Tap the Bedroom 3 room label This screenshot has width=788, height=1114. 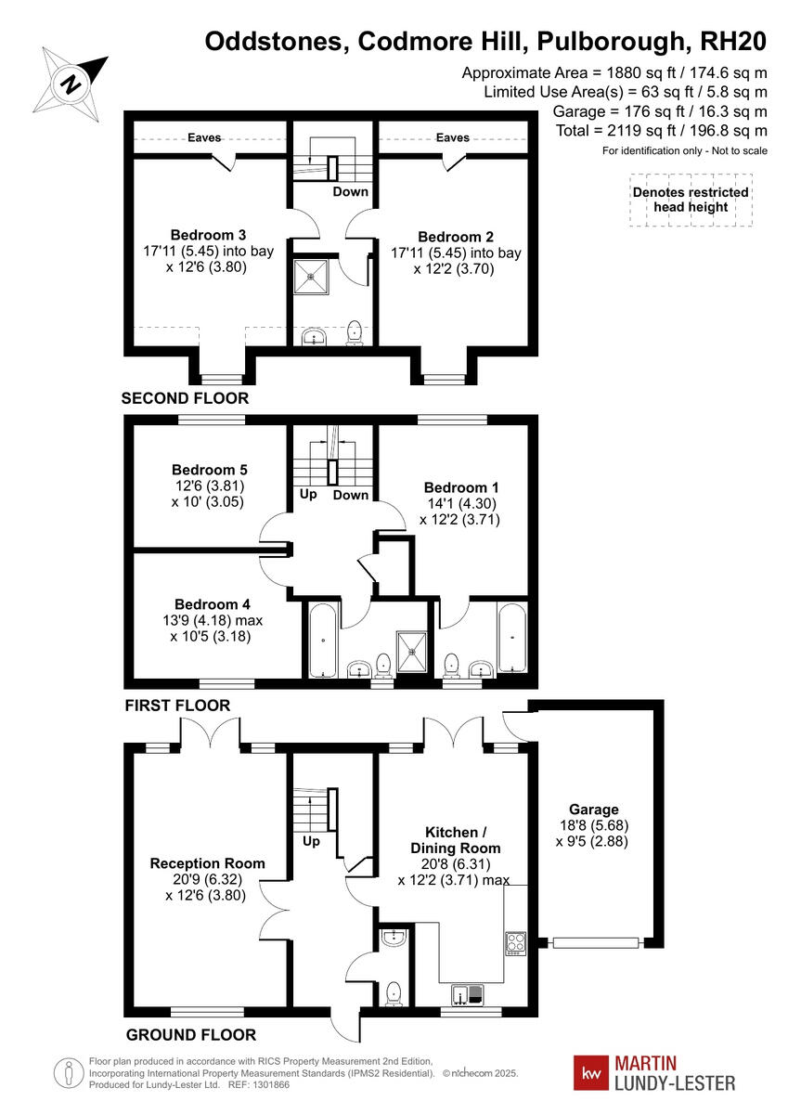click(x=208, y=234)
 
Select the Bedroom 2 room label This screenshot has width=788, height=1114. click(x=455, y=236)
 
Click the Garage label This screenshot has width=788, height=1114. click(x=594, y=810)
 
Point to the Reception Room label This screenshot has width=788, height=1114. click(x=207, y=863)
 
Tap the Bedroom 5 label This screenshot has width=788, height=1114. click(x=209, y=470)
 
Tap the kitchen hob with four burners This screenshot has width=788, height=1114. click(x=515, y=943)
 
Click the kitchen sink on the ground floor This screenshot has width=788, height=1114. click(x=468, y=994)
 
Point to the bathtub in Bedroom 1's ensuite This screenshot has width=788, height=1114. click(x=511, y=639)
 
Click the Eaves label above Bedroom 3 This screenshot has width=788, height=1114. click(x=204, y=137)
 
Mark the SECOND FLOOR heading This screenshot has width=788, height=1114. click(x=186, y=398)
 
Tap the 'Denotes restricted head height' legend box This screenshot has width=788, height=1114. click(x=690, y=200)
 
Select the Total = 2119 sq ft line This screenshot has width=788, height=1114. click(x=662, y=131)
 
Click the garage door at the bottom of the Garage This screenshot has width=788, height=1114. click(x=595, y=942)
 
